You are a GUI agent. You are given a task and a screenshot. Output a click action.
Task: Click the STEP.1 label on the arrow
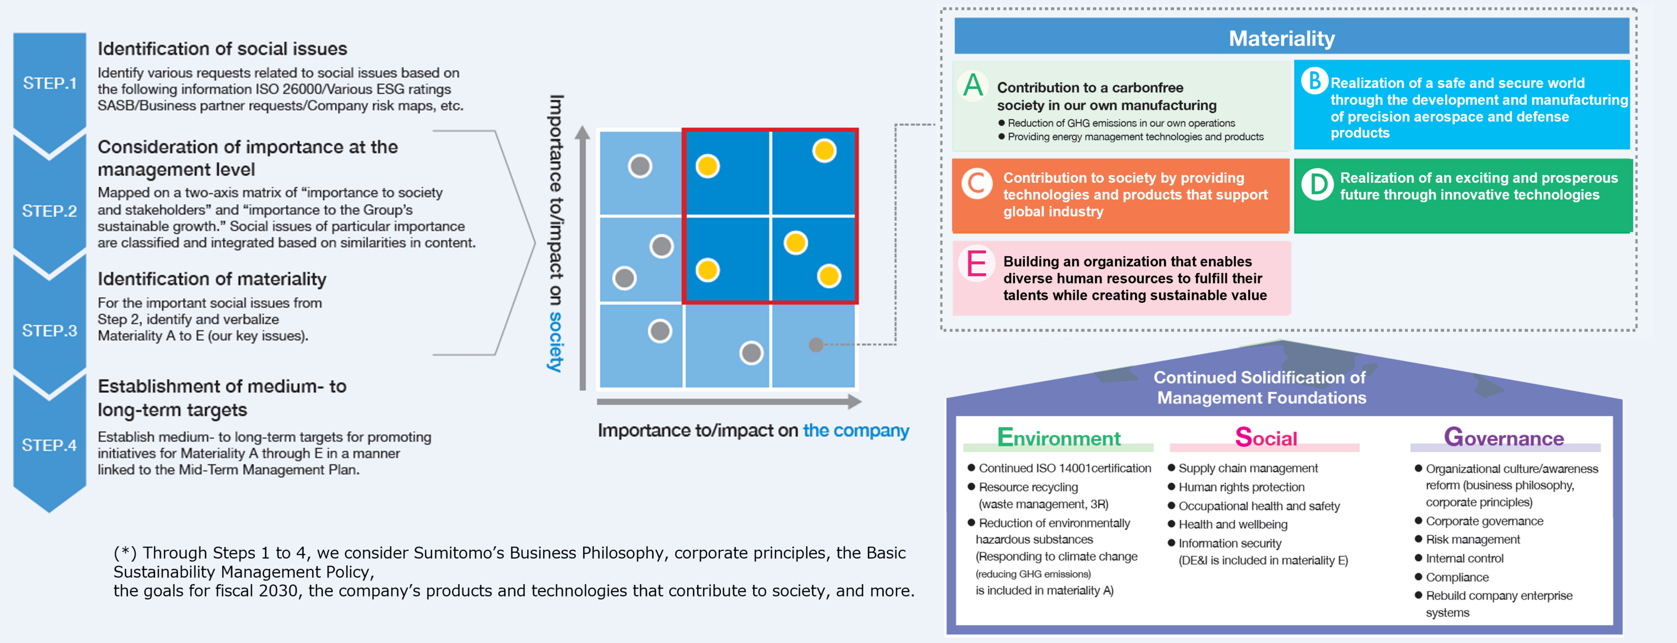point(49,83)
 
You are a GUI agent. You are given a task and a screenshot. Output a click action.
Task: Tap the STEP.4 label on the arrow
point(49,445)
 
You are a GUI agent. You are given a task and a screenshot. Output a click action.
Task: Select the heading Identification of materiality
point(212,279)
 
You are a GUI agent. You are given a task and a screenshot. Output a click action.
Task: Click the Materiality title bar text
point(1281,38)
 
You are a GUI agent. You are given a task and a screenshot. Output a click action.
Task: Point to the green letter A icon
point(973,86)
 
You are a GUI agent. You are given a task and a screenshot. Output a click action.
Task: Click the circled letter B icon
point(1314,81)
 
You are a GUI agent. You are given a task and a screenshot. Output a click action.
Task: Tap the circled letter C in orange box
point(977,184)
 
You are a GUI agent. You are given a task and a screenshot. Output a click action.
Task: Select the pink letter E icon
point(976,264)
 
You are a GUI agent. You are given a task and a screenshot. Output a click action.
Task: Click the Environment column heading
point(1059,438)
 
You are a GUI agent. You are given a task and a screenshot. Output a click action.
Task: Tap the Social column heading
point(1265,438)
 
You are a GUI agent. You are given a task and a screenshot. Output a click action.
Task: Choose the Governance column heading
point(1503,438)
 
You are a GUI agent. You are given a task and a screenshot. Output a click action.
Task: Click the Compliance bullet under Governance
point(1457,577)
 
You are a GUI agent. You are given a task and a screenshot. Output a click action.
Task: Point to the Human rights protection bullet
point(1241,487)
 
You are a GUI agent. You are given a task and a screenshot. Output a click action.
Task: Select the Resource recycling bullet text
point(1028,487)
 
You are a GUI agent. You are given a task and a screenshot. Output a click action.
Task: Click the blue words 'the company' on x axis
point(855,431)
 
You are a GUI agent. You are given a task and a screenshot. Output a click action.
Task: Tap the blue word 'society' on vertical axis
point(555,342)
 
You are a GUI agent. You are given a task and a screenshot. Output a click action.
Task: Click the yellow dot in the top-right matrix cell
point(824,151)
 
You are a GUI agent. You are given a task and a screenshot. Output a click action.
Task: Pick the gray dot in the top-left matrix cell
point(640,166)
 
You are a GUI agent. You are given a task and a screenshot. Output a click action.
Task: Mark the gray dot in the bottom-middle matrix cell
point(751,353)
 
